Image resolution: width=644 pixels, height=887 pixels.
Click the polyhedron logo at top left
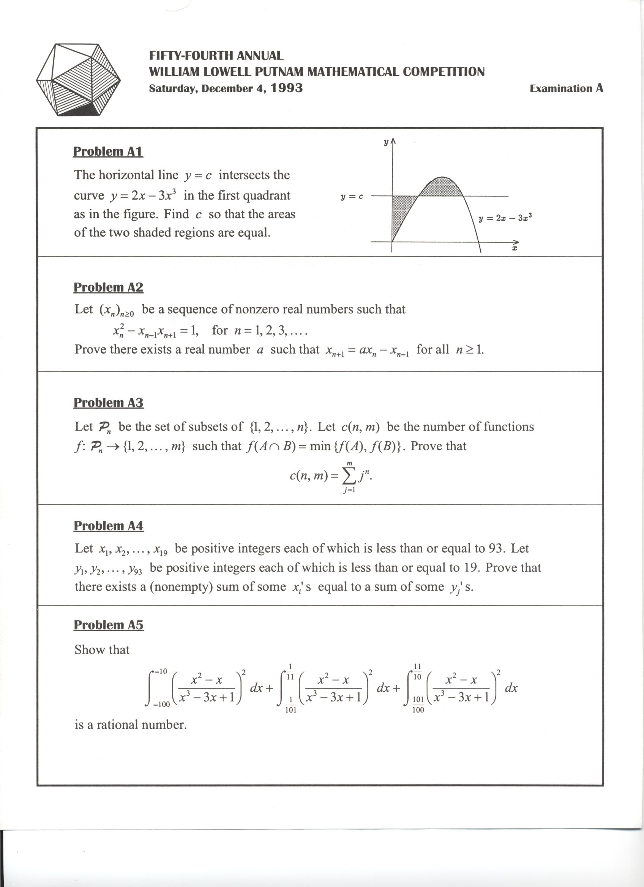[78, 79]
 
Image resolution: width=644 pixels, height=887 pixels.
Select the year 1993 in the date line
[287, 88]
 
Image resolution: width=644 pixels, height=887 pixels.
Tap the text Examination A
[566, 88]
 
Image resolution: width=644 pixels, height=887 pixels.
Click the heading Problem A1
[108, 151]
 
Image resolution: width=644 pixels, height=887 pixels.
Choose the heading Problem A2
[109, 288]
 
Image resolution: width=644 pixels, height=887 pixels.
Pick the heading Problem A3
[109, 403]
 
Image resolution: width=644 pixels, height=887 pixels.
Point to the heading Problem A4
[109, 526]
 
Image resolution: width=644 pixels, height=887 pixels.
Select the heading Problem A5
[109, 625]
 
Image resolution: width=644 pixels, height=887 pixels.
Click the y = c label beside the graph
[352, 197]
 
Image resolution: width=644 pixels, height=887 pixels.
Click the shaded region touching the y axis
[401, 211]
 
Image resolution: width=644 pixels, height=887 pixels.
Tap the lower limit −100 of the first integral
[161, 705]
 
